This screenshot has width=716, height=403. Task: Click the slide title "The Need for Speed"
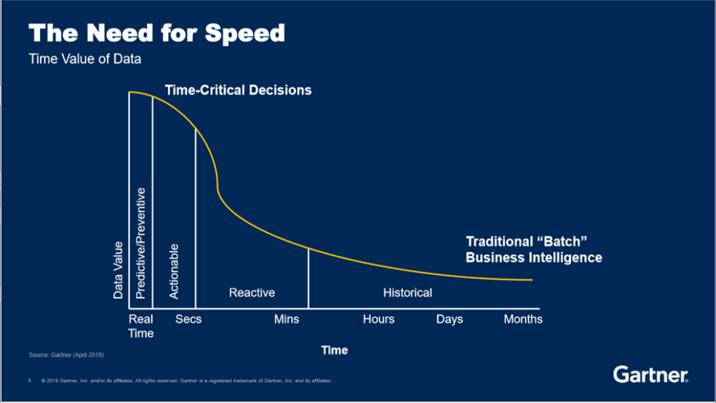[157, 33]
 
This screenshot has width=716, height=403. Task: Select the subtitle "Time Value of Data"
[85, 59]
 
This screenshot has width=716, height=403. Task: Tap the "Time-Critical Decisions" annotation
[238, 90]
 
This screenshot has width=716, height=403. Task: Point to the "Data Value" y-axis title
[118, 270]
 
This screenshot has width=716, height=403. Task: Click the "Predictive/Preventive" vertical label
[140, 243]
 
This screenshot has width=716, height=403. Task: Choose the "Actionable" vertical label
[174, 271]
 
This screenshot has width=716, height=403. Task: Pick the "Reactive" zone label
[252, 292]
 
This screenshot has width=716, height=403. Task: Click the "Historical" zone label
[407, 292]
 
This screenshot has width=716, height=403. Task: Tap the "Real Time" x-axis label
[141, 326]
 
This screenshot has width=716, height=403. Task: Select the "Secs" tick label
[188, 319]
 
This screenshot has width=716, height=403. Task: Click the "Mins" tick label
[287, 319]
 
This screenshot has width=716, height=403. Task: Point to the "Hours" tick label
[378, 319]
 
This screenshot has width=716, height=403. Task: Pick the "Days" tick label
[450, 319]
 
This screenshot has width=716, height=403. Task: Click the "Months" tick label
[523, 319]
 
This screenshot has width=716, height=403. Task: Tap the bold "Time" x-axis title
[334, 350]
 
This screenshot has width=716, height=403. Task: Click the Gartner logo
[650, 374]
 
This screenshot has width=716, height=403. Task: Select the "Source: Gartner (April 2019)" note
[66, 355]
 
